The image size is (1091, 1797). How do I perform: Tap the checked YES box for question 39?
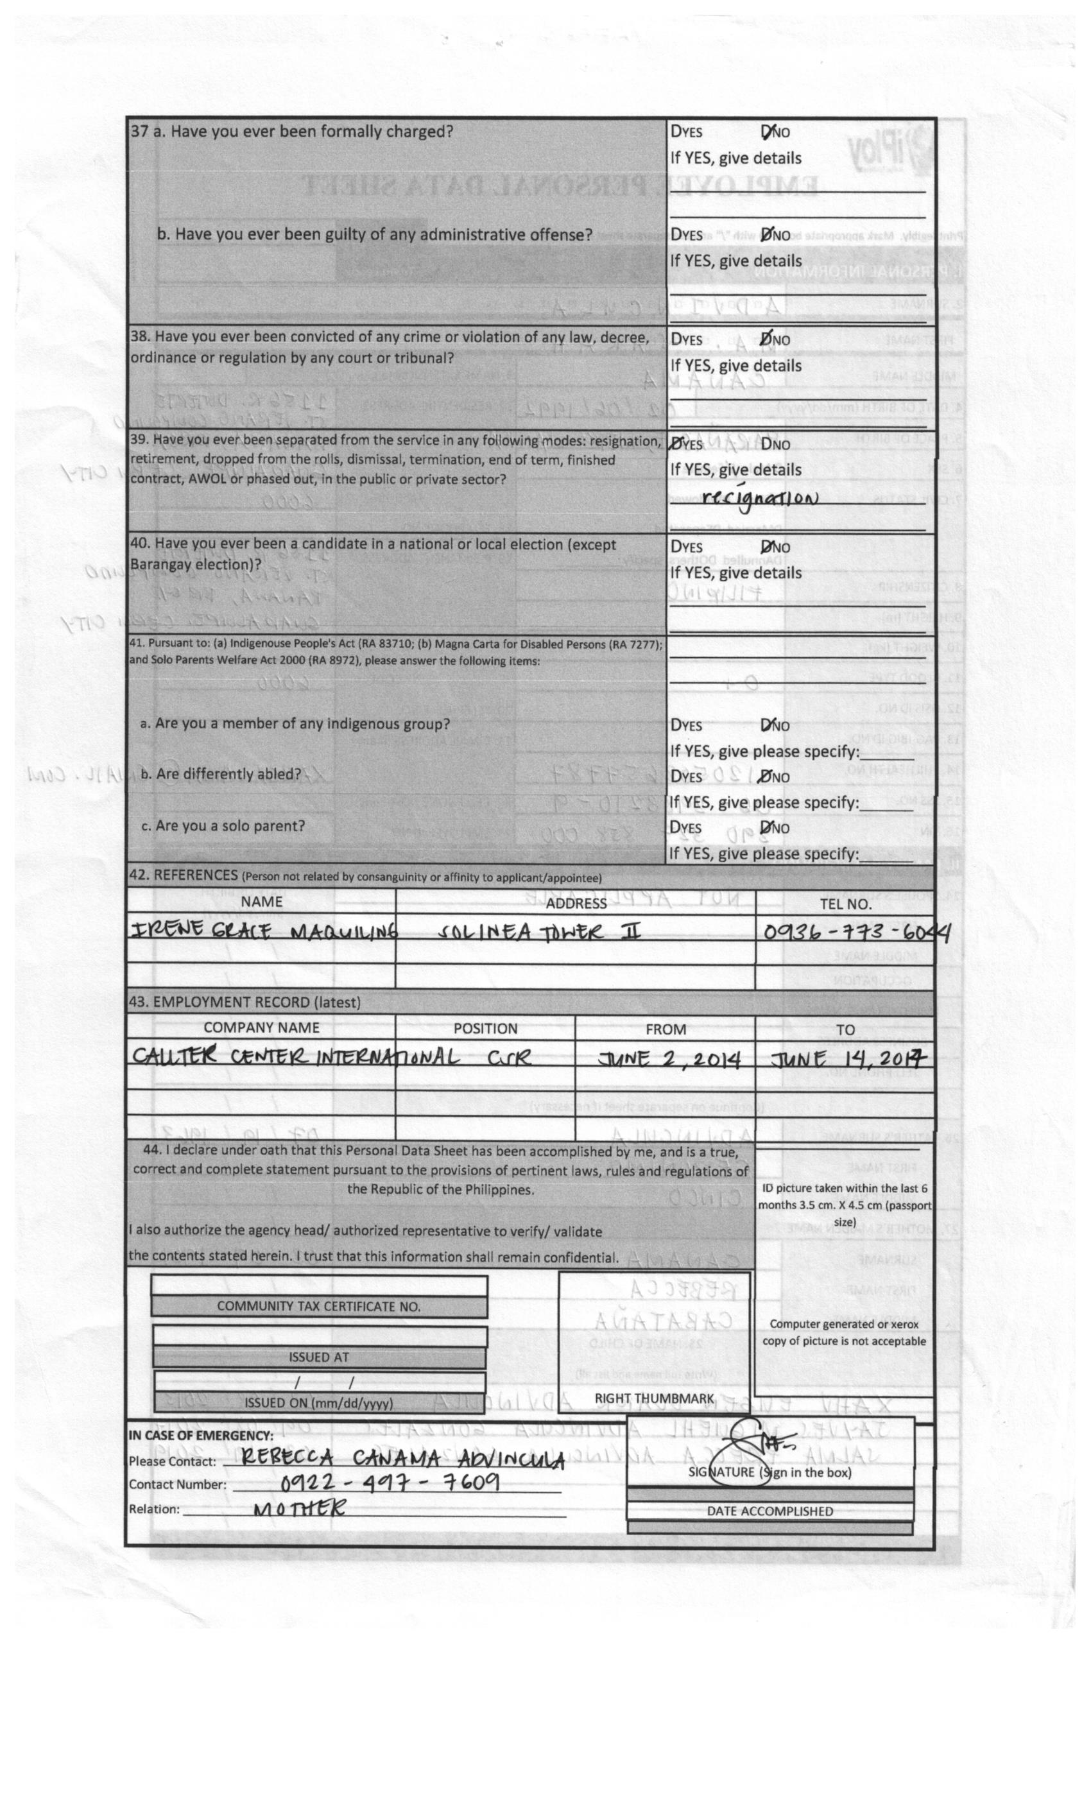[x=676, y=444]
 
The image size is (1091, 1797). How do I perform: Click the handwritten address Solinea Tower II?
[x=539, y=931]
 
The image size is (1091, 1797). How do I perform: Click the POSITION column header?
[x=485, y=1028]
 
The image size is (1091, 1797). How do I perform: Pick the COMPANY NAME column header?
[x=261, y=1027]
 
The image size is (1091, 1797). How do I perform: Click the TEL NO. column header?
[x=845, y=904]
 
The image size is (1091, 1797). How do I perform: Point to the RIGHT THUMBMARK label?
[x=653, y=1398]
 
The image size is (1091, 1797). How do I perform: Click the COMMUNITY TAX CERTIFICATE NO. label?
[x=319, y=1306]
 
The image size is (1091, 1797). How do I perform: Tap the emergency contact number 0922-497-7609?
[x=390, y=1482]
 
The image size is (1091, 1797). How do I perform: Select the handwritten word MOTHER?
[x=299, y=1508]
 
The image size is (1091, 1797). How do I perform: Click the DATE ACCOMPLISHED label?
[x=769, y=1511]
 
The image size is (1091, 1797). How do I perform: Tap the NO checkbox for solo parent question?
[x=766, y=828]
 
